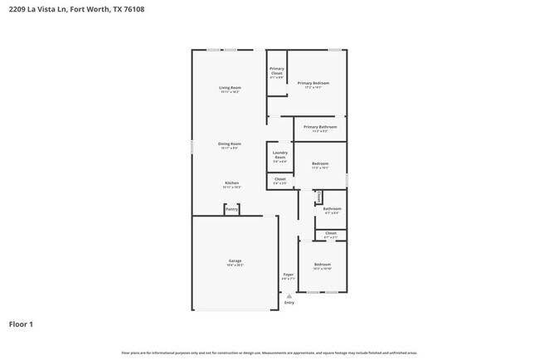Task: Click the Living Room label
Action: tap(230, 87)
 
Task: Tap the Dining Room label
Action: tap(230, 144)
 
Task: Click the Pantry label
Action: tap(231, 209)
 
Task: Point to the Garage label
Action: tap(235, 260)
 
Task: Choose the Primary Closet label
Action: tap(277, 71)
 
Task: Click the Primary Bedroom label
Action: tap(313, 83)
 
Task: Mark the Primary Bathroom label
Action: tap(319, 127)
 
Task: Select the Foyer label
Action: tap(289, 274)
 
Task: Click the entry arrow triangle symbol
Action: tap(289, 295)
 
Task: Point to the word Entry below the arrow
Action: tap(289, 303)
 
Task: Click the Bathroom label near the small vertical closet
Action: tap(332, 208)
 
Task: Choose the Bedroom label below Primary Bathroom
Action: tap(320, 163)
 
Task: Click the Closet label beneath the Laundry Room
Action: tap(280, 178)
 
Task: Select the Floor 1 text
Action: tap(22, 324)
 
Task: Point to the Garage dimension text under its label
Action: tap(235, 265)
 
